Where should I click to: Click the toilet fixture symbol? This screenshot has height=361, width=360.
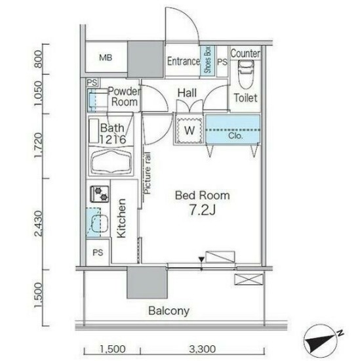click(x=246, y=75)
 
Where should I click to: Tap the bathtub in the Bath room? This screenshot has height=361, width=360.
click(x=111, y=163)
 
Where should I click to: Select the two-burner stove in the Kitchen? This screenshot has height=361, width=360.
click(x=100, y=194)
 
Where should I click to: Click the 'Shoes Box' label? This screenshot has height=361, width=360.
click(x=207, y=60)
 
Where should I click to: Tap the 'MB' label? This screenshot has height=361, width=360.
click(x=106, y=58)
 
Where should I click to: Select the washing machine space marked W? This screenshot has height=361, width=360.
click(x=190, y=131)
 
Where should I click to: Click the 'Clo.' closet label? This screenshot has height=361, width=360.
click(x=235, y=136)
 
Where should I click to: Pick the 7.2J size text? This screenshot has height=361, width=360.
click(x=202, y=210)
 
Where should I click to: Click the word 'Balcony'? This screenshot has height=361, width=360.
click(x=169, y=311)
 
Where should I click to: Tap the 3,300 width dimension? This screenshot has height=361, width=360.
click(x=203, y=349)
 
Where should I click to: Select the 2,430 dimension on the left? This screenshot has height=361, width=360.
click(x=39, y=223)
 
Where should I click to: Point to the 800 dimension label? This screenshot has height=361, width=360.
click(x=39, y=58)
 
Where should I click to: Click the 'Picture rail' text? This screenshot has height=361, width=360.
click(x=148, y=173)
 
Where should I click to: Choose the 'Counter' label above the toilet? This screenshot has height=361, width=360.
click(x=245, y=54)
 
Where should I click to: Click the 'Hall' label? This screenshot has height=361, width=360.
click(x=187, y=93)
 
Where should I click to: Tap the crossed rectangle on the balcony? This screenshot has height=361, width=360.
click(x=249, y=280)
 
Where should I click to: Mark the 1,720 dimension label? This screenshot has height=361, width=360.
click(x=39, y=146)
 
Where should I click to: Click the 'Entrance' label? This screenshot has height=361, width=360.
click(x=184, y=61)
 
